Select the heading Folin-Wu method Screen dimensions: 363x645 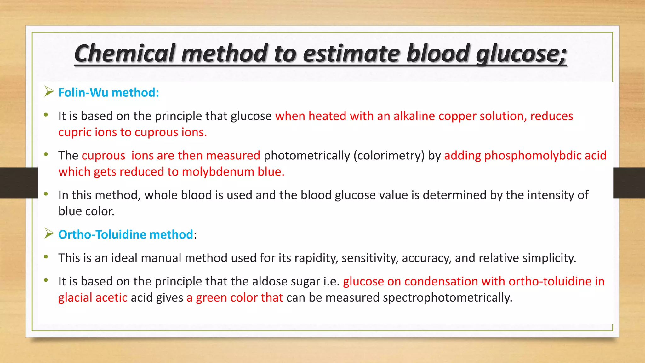109,93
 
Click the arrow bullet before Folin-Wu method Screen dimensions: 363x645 49,92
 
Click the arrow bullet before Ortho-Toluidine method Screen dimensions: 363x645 49,233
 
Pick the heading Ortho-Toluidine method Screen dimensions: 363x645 126,234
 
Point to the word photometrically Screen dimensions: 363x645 307,156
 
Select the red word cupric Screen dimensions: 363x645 75,132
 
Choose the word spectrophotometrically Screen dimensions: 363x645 447,297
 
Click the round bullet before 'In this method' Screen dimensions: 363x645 46,194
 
